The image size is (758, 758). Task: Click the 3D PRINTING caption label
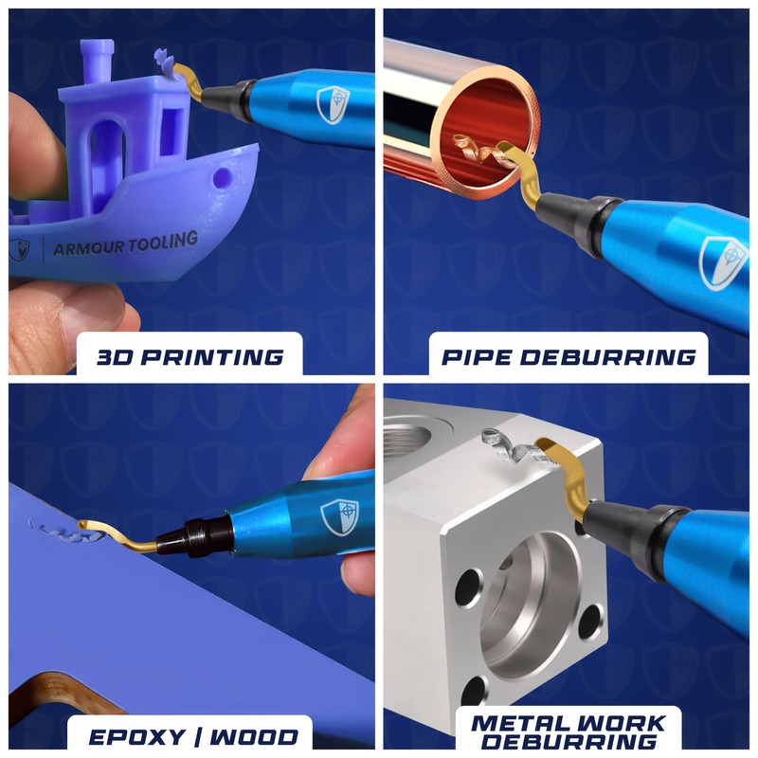click(x=189, y=356)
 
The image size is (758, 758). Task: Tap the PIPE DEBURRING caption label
click(x=568, y=356)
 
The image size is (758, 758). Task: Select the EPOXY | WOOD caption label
click(x=189, y=736)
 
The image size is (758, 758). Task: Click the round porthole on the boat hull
click(x=222, y=177)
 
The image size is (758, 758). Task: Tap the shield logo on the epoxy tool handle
click(x=339, y=515)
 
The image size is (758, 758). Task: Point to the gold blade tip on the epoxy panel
click(x=91, y=526)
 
